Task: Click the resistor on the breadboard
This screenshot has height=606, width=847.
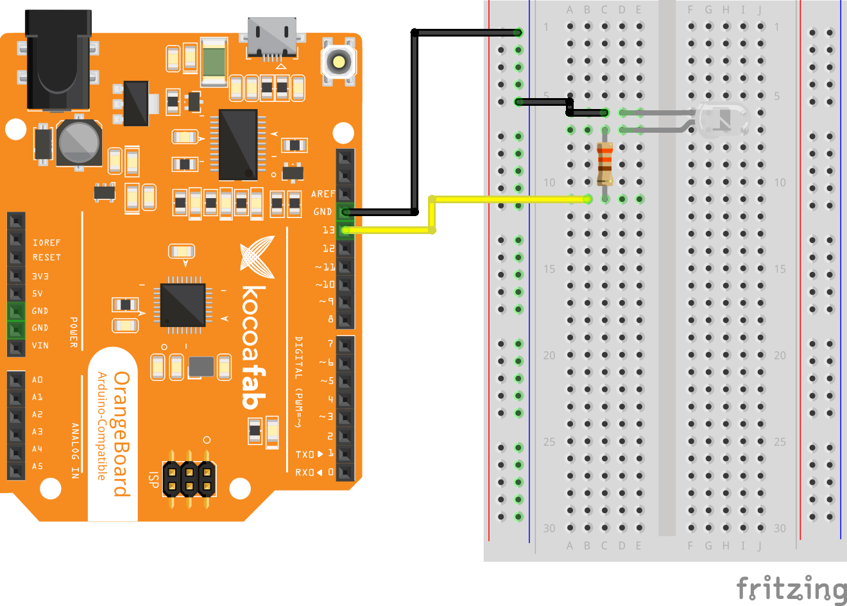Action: click(604, 164)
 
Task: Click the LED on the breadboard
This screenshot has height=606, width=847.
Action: click(723, 120)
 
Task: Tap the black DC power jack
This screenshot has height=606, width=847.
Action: click(58, 61)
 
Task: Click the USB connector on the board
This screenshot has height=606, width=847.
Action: click(272, 38)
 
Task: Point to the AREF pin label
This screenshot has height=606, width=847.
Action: click(323, 194)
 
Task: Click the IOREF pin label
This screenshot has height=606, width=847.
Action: click(46, 242)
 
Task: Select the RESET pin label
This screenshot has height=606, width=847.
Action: click(46, 257)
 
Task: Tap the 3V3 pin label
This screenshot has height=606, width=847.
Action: click(40, 276)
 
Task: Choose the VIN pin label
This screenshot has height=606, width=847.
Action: click(40, 345)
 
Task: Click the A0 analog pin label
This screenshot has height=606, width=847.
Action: click(37, 380)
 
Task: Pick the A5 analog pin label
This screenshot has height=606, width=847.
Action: click(37, 466)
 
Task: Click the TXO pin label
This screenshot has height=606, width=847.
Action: click(305, 454)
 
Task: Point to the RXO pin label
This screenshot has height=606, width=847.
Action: click(305, 472)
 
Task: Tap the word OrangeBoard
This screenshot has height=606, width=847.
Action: click(121, 434)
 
